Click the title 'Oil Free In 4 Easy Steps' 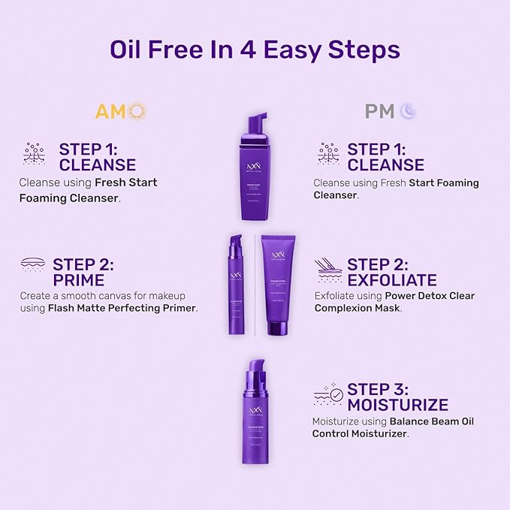(x=255, y=50)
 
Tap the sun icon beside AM (x=135, y=112)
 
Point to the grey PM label (x=379, y=112)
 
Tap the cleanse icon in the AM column (x=33, y=155)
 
